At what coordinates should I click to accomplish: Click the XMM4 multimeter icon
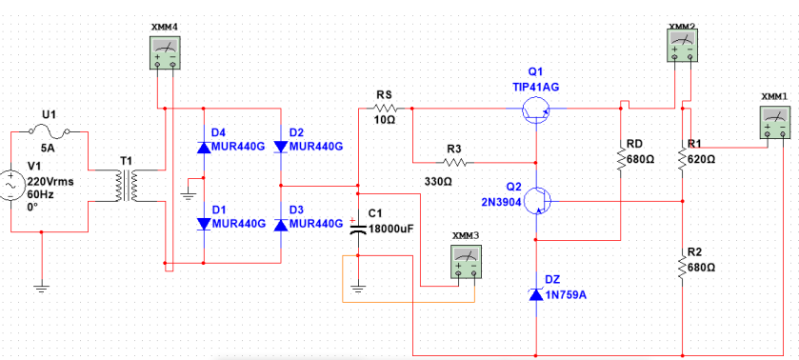click(x=165, y=52)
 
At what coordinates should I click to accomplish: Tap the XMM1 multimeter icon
click(x=776, y=124)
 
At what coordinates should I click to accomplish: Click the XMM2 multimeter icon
click(x=681, y=44)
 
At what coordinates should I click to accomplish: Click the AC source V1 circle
click(x=11, y=182)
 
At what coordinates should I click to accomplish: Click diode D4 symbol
click(x=204, y=147)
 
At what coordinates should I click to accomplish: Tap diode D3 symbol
click(x=280, y=224)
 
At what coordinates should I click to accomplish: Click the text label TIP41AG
click(x=535, y=87)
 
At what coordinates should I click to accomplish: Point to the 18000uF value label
click(x=390, y=229)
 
